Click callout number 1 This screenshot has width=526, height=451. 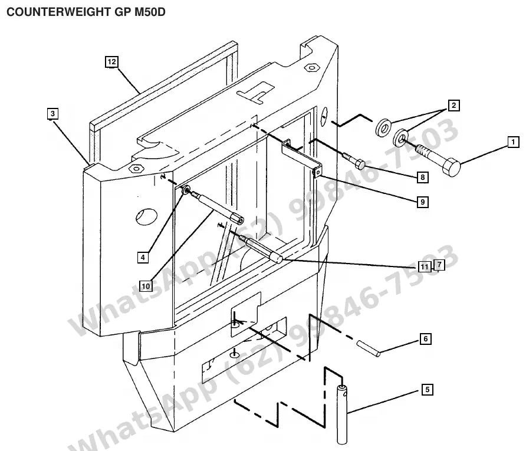click(x=513, y=142)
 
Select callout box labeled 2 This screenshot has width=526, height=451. click(x=454, y=106)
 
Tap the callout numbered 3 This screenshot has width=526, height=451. click(x=52, y=114)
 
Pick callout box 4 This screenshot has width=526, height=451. click(x=143, y=258)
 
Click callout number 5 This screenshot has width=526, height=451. click(x=427, y=389)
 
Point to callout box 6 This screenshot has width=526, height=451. click(x=426, y=338)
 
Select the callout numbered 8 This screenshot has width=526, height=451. click(x=423, y=177)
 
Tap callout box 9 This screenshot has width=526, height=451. click(x=423, y=202)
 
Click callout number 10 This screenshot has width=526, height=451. click(x=146, y=286)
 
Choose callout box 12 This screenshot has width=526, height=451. click(x=111, y=62)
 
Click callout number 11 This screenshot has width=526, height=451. click(x=425, y=266)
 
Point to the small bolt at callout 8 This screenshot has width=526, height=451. click(x=354, y=160)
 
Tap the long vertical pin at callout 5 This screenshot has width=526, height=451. click(x=342, y=414)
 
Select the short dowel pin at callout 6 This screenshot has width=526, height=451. click(x=369, y=349)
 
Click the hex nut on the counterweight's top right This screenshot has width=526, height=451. click(x=311, y=67)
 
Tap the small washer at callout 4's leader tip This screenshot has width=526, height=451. click(x=186, y=191)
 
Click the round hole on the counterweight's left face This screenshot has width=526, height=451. click(x=147, y=216)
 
